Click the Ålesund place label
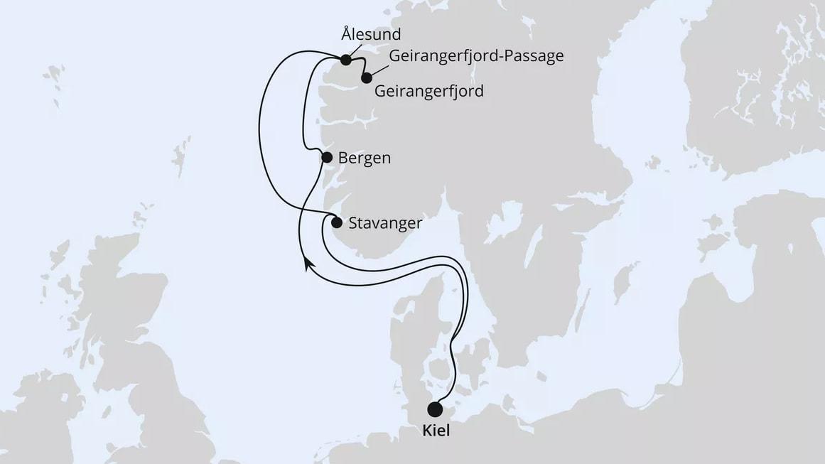point(371,34)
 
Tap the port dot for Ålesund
point(346,60)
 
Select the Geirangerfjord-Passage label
point(476,56)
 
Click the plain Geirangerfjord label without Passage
point(428,92)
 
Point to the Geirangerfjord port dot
point(367,78)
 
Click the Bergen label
point(365,158)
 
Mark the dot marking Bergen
point(327,158)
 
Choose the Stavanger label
point(386,223)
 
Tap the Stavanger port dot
point(337,222)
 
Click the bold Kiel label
point(436,431)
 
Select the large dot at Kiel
point(435,409)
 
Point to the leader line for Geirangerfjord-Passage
point(379,69)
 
